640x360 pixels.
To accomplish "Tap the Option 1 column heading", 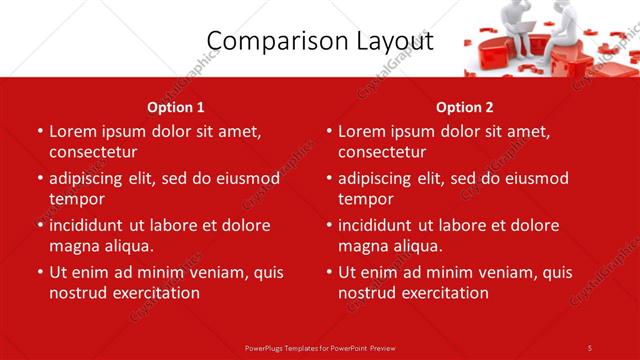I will point(176,107).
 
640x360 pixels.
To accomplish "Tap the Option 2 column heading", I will point(465,107).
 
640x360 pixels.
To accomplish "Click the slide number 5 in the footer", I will point(589,347).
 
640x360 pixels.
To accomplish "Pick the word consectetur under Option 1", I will point(93,152).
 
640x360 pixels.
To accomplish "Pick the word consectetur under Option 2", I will point(382,152).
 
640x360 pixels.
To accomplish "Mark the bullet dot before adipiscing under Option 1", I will point(39,180).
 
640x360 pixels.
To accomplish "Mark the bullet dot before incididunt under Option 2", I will point(328,226).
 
